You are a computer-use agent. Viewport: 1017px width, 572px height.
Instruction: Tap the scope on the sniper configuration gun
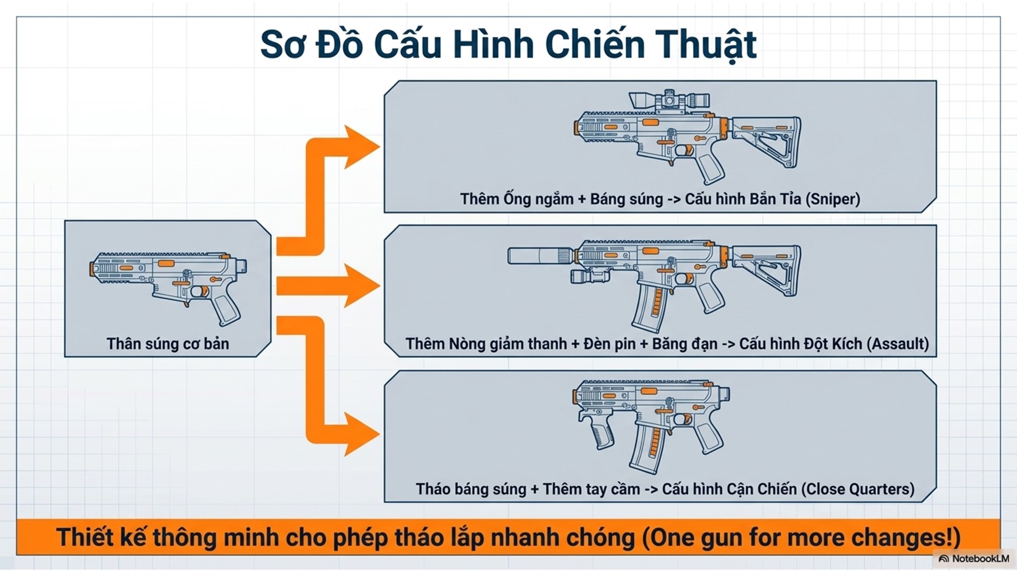pos(669,100)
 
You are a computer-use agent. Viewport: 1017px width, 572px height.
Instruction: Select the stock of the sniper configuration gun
pos(769,140)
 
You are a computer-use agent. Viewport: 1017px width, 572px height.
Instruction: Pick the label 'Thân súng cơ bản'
pos(167,344)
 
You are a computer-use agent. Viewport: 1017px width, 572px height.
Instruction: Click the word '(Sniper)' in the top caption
pos(832,199)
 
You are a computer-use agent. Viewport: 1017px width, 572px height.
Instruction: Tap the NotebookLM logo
pos(974,559)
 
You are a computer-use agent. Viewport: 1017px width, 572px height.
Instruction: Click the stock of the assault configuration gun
pos(769,268)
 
